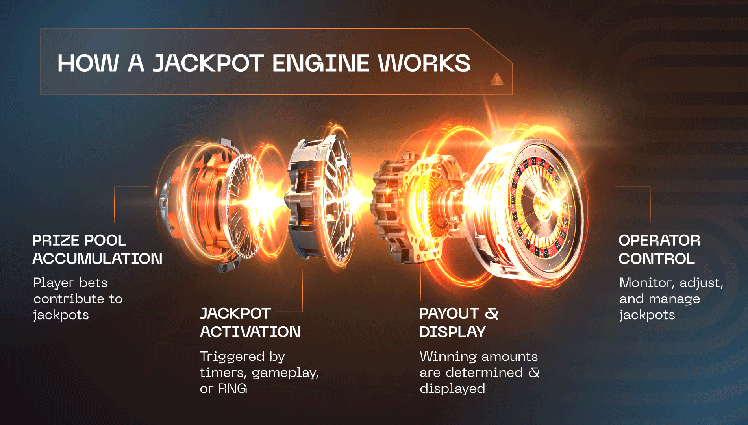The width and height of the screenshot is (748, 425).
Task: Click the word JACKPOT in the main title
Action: (208, 63)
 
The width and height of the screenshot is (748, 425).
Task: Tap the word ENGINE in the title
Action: (321, 63)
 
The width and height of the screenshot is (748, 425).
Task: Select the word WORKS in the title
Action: (424, 63)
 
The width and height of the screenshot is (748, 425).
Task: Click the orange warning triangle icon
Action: (497, 79)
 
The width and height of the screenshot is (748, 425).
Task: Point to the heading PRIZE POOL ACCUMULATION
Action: (97, 249)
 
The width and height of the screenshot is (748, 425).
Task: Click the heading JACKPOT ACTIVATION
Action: (250, 323)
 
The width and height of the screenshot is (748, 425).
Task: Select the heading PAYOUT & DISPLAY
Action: (459, 323)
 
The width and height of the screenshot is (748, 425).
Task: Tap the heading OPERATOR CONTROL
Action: (659, 249)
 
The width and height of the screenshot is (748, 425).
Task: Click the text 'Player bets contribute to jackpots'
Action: (78, 299)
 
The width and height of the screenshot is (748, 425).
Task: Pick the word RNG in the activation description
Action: (233, 389)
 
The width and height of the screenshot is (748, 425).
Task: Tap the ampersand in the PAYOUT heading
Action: (491, 314)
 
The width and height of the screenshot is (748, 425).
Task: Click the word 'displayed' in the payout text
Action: (452, 389)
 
